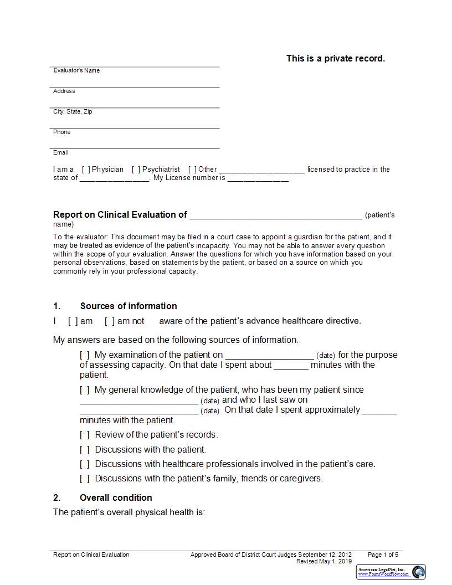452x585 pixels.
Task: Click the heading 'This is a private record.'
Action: [x=335, y=58]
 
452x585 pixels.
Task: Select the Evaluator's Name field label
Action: [x=76, y=70]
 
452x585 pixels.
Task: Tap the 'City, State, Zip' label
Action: [x=73, y=111]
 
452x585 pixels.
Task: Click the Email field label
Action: [x=61, y=152]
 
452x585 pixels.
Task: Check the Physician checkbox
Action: [x=86, y=170]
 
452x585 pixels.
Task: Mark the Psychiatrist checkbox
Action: [x=136, y=170]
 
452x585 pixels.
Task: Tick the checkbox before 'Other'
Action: [x=192, y=170]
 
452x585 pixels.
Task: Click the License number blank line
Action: [x=258, y=178]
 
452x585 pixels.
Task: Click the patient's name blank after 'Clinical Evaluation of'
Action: [x=275, y=215]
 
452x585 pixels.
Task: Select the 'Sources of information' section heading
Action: [x=129, y=306]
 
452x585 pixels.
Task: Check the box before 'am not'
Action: [x=110, y=321]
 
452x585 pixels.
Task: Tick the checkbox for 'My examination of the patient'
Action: [x=85, y=355]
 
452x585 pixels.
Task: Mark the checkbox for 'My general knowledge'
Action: [x=85, y=390]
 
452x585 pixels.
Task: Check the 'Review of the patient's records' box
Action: [x=85, y=435]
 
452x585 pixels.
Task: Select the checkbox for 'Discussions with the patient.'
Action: [x=85, y=449]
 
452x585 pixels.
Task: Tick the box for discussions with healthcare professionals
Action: [x=85, y=464]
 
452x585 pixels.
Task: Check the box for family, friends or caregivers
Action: [x=85, y=478]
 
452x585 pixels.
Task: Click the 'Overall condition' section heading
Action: [x=116, y=497]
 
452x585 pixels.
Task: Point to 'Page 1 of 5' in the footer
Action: [x=383, y=555]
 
